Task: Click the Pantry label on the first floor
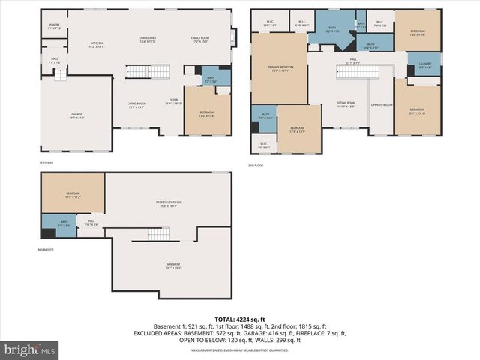coord(55,26)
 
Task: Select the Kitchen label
coord(97,44)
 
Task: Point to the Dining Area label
coord(147,39)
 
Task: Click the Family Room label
coord(199,39)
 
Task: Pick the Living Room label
coord(136,104)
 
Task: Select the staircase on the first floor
coord(142,71)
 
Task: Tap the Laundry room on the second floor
coord(424,64)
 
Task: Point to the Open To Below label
coord(382,105)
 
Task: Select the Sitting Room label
coord(346,104)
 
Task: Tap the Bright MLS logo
coord(30,349)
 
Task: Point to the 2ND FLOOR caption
coord(256,165)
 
